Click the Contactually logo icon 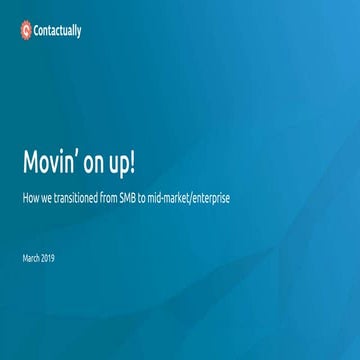point(26,30)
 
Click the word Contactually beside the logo point(59,31)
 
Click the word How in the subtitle point(30,198)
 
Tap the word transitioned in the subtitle point(78,198)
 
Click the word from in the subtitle point(113,198)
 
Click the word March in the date point(31,258)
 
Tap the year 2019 point(49,258)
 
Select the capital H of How point(25,198)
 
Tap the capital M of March point(25,258)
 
